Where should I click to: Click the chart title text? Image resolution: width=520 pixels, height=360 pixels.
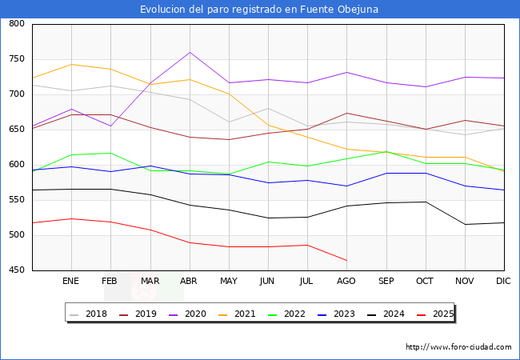(x=259, y=10)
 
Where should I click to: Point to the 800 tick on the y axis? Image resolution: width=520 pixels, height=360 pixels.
(x=16, y=24)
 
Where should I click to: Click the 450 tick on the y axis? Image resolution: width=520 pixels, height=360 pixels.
(x=16, y=270)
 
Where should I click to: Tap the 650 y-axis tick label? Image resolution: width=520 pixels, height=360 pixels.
(x=16, y=130)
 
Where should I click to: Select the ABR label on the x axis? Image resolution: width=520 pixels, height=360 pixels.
(x=189, y=282)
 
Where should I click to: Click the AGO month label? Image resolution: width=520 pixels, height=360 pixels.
(x=346, y=282)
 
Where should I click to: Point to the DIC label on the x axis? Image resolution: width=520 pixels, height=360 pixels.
(x=503, y=282)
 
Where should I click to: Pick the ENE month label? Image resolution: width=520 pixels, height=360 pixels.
(x=71, y=282)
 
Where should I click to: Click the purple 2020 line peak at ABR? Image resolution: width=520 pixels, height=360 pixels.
(x=190, y=52)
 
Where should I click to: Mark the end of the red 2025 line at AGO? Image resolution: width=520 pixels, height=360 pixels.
(x=346, y=260)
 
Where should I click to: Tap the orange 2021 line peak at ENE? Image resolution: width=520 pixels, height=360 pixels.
(x=71, y=64)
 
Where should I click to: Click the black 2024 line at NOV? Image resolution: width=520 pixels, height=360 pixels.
(x=464, y=224)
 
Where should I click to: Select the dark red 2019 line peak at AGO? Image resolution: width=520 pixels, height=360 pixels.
(x=346, y=113)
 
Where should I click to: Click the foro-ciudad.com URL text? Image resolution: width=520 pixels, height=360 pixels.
(x=458, y=347)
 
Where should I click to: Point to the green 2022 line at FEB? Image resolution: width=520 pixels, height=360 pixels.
(x=110, y=153)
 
